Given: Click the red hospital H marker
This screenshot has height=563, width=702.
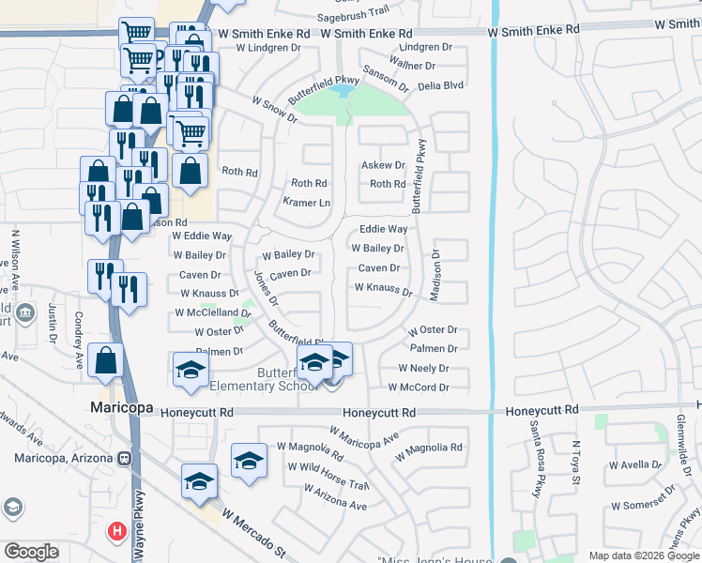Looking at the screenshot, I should [116, 532].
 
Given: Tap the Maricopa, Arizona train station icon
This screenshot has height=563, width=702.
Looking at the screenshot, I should [124, 458].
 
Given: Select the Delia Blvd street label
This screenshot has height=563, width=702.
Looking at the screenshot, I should [440, 84].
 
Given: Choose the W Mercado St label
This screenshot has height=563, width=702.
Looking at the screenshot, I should [254, 531].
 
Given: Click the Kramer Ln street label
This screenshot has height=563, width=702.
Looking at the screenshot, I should [307, 203].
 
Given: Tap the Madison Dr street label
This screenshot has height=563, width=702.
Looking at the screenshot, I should [435, 275].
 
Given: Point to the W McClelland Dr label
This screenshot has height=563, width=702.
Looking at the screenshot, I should [213, 313].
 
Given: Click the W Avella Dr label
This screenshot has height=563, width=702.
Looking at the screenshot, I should [638, 464].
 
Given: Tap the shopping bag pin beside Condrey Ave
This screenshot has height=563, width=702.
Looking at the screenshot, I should [106, 360].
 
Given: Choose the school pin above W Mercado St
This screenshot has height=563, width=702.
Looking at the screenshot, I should [199, 480].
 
